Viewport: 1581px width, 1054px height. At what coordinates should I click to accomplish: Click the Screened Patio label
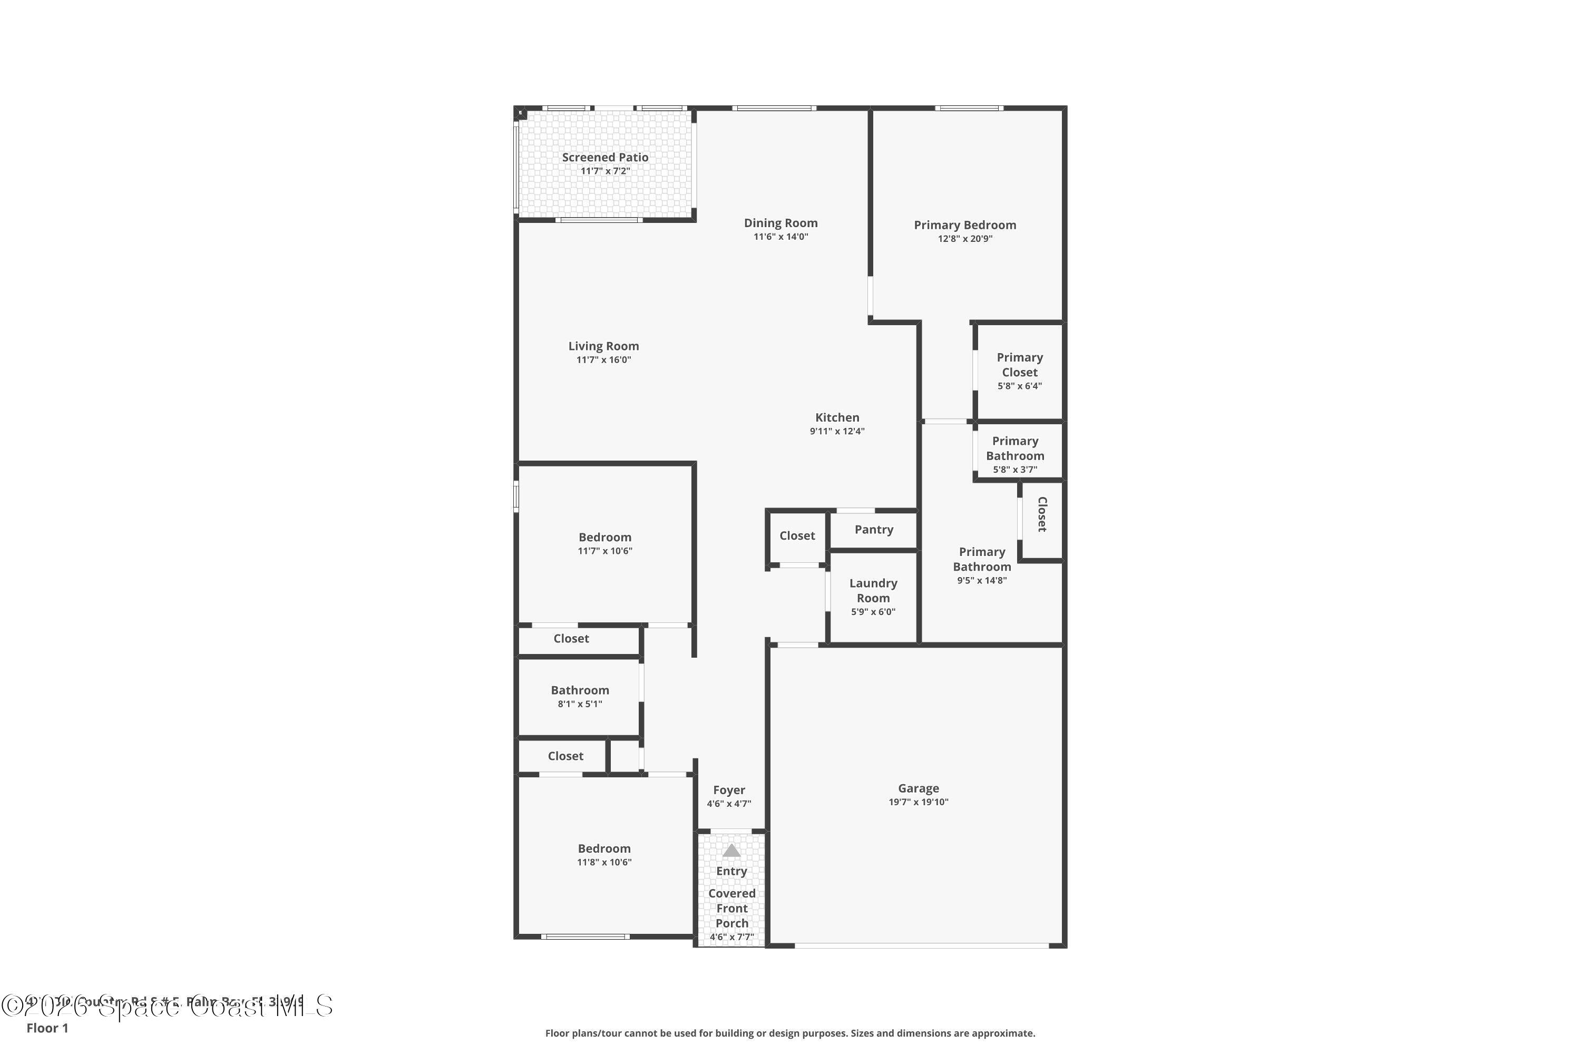coord(605,157)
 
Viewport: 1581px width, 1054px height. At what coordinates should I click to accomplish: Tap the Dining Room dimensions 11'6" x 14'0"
coord(780,237)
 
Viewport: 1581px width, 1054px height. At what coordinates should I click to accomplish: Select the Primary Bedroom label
coord(964,225)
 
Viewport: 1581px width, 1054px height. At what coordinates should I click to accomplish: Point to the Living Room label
coord(603,346)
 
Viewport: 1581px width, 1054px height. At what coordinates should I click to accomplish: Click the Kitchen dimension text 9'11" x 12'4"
coord(837,432)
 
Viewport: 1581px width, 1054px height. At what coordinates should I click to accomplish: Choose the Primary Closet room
coord(1019,371)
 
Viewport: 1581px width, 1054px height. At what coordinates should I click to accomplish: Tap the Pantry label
coord(874,530)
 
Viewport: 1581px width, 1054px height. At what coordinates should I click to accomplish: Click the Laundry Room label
coord(873,591)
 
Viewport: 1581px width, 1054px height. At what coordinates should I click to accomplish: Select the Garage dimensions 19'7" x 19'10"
coord(918,802)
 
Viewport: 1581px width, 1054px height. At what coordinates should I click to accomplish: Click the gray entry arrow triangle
coord(731,851)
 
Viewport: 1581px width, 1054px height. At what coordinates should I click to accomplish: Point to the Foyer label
coord(729,790)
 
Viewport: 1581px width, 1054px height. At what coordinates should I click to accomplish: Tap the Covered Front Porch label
coord(731,908)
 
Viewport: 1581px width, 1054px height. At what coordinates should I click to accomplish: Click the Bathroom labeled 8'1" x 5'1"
coord(579,696)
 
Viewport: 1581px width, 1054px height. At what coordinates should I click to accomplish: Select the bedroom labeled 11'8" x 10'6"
coord(604,855)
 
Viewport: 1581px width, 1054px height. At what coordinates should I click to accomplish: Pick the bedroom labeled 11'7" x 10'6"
coord(604,543)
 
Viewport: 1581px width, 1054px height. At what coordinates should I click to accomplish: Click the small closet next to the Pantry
coord(797,536)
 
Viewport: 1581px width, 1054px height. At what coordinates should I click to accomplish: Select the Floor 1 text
coord(47,1028)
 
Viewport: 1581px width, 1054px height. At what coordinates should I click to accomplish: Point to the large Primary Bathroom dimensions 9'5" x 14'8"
coord(981,581)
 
